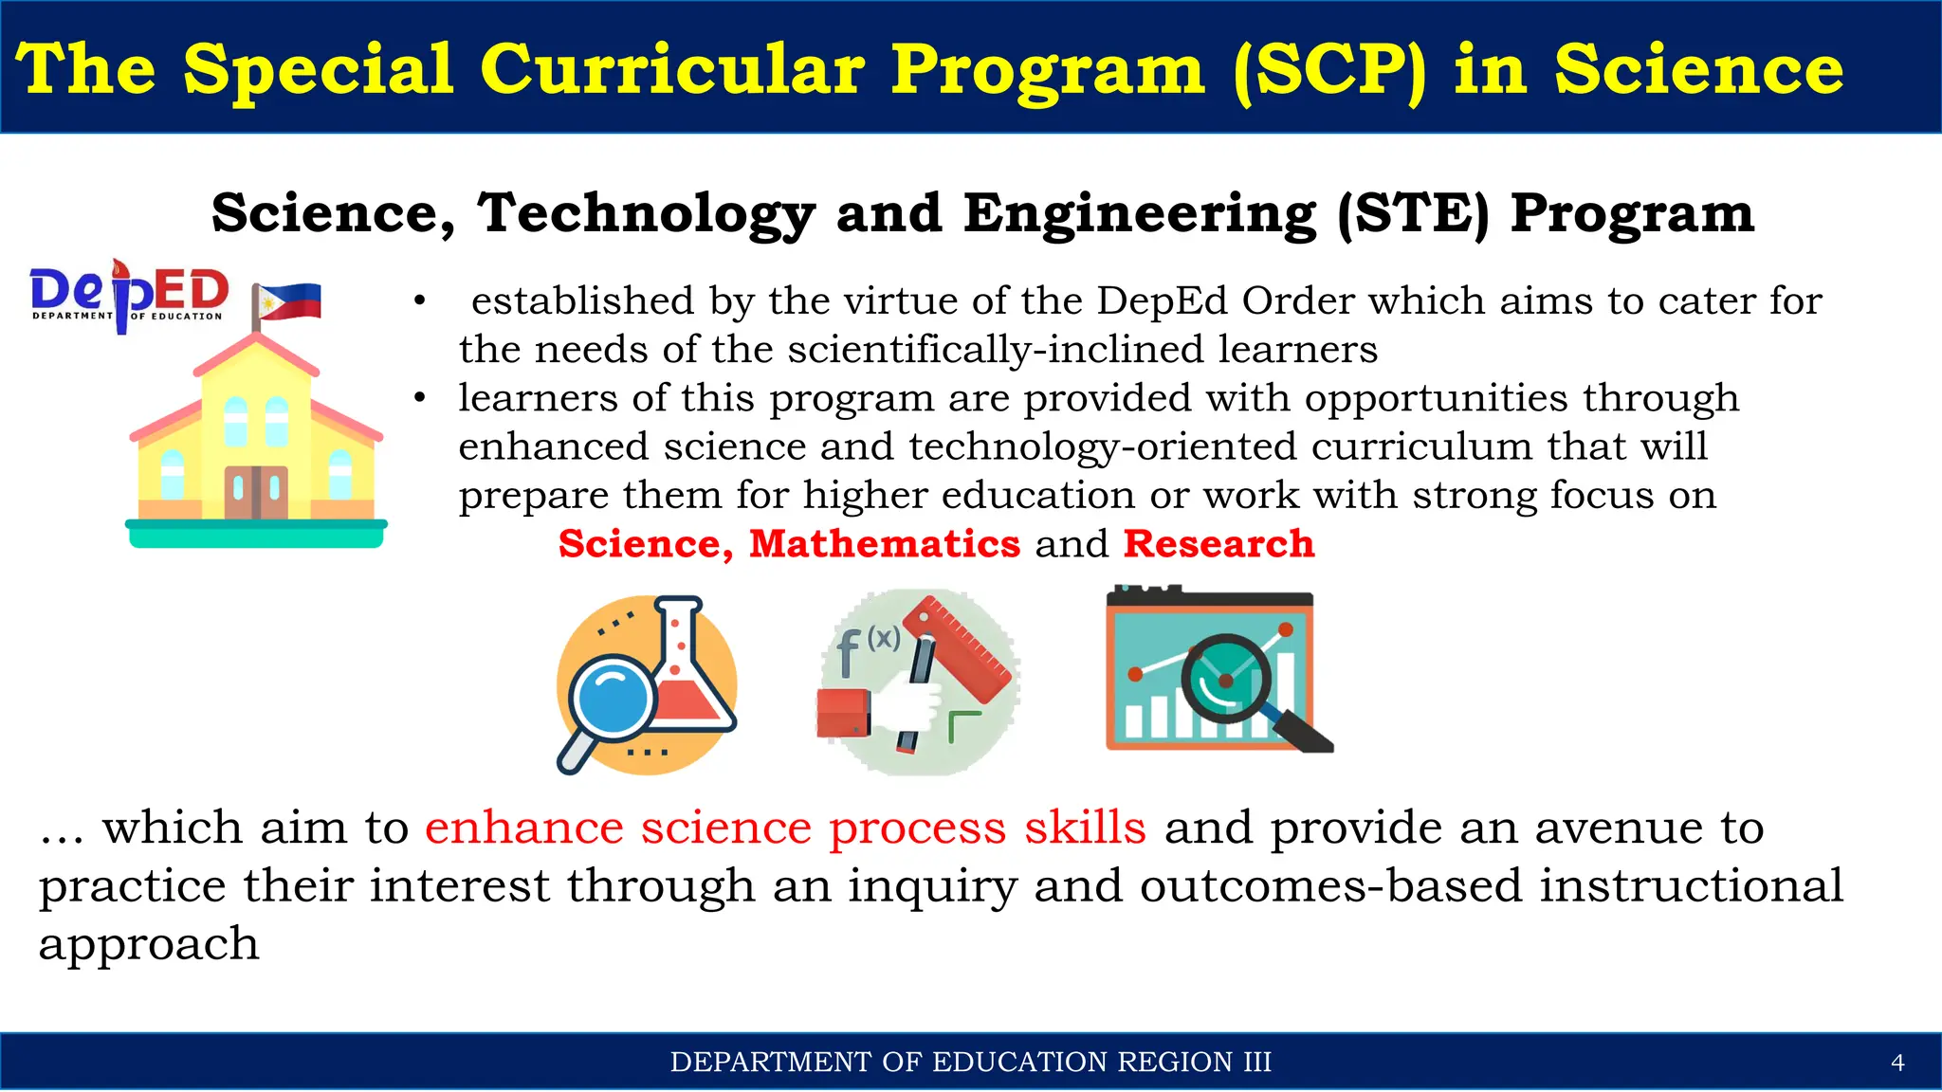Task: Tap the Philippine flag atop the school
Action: (290, 301)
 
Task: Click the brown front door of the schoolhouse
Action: (256, 491)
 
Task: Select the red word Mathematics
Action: (884, 544)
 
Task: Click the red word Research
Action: (1218, 544)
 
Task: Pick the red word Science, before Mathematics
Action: (645, 544)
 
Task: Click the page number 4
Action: (1897, 1063)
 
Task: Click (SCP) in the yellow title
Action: (1329, 70)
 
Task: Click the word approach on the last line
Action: (149, 945)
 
